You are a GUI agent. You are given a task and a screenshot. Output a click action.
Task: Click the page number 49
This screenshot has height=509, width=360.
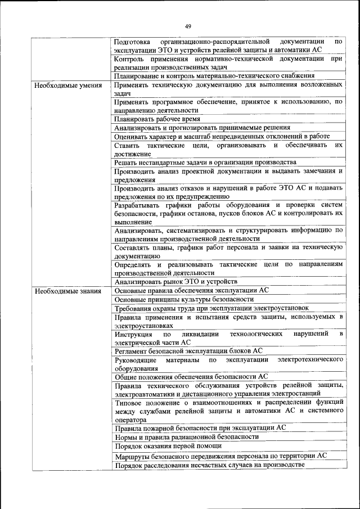(188, 26)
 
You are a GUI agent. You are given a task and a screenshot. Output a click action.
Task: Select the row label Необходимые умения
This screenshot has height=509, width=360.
(67, 86)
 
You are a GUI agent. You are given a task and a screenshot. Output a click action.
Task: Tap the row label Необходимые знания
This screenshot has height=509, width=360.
(67, 291)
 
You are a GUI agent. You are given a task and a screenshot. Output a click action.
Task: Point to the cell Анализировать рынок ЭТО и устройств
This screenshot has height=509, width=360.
(175, 281)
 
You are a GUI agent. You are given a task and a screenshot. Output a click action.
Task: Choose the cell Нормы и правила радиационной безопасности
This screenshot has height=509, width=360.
(186, 436)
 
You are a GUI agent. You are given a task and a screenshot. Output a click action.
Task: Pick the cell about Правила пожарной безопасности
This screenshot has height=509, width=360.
(200, 427)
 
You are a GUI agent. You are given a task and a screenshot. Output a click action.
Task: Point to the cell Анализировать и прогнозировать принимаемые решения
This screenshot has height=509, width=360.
(202, 128)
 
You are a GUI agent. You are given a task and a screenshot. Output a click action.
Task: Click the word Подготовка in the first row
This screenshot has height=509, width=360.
(132, 42)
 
